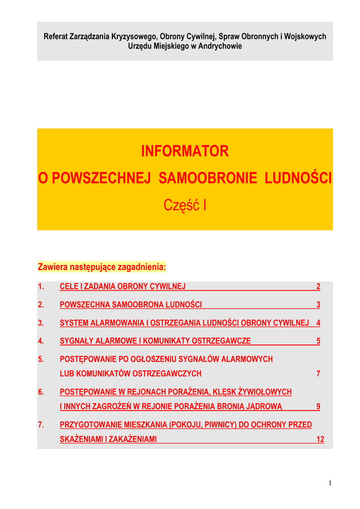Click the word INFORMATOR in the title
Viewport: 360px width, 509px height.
click(x=185, y=152)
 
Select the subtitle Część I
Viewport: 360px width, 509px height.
click(x=185, y=205)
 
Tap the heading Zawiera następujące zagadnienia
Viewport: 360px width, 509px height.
click(x=101, y=267)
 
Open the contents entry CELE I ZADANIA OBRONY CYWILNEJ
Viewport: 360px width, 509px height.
click(x=122, y=287)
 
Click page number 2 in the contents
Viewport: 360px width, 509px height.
click(x=318, y=287)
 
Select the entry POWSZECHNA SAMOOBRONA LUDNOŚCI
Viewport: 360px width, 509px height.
click(x=131, y=305)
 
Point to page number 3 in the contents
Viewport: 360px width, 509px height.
click(x=318, y=305)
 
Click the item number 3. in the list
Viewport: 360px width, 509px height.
click(x=41, y=323)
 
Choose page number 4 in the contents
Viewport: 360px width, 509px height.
click(x=318, y=323)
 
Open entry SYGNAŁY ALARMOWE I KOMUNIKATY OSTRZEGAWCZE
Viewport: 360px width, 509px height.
click(x=155, y=341)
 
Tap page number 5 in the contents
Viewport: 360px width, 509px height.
click(x=318, y=341)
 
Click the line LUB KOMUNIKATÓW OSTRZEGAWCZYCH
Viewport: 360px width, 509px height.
click(x=130, y=374)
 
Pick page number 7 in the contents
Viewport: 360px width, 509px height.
click(x=318, y=374)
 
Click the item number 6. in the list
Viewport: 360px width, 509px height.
click(x=41, y=392)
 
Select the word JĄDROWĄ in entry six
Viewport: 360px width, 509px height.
click(x=263, y=407)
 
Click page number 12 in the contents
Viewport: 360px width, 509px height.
click(x=320, y=439)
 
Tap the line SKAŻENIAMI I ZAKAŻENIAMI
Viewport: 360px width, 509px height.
click(x=108, y=439)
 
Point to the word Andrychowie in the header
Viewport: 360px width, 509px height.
click(x=220, y=46)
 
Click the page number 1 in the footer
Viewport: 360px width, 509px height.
click(x=330, y=483)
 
